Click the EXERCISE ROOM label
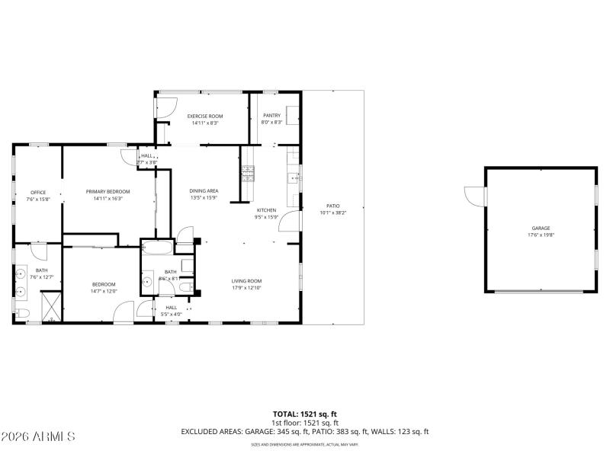[x=205, y=116]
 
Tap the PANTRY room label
[x=272, y=116]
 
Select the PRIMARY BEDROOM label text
[x=108, y=191]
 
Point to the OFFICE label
[x=38, y=192]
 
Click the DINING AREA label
[x=204, y=191]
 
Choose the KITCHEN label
[x=266, y=210]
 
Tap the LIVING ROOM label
[x=247, y=281]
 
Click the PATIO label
[x=333, y=206]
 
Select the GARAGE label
[x=541, y=228]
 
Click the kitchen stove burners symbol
[x=246, y=174]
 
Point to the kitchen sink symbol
[x=293, y=180]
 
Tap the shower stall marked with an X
[x=51, y=306]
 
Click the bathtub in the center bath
[x=157, y=248]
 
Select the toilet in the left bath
[x=21, y=313]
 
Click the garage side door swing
[x=476, y=196]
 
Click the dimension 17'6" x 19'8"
[x=541, y=235]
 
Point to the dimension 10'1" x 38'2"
[x=333, y=213]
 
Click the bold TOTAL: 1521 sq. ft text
[x=305, y=414]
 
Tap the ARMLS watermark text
[x=38, y=436]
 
